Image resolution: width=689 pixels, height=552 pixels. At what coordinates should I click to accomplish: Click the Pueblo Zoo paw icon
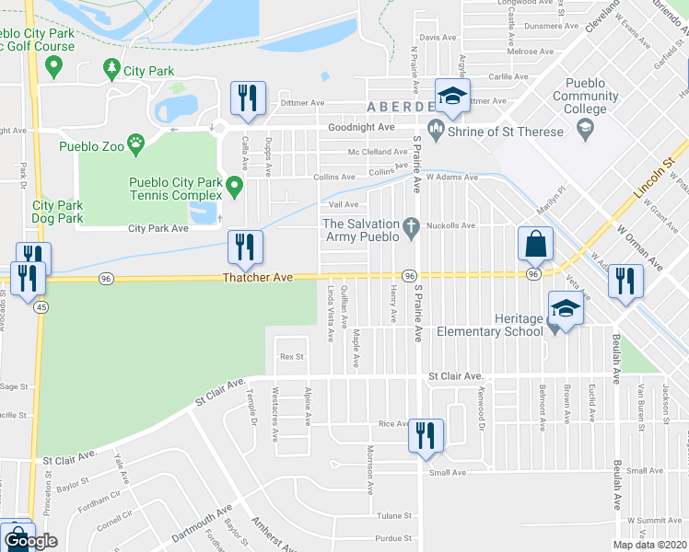[136, 144]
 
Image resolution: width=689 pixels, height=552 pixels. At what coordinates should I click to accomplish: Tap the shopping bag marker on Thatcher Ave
[535, 244]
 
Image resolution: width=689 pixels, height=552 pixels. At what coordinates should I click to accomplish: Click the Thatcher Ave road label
[257, 277]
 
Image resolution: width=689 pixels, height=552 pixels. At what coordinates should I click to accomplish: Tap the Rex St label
[292, 356]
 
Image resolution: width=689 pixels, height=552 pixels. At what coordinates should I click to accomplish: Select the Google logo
[30, 542]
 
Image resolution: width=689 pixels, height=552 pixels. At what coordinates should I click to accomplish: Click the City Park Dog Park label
[57, 212]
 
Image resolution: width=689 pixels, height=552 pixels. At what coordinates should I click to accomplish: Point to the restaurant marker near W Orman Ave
[625, 282]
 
